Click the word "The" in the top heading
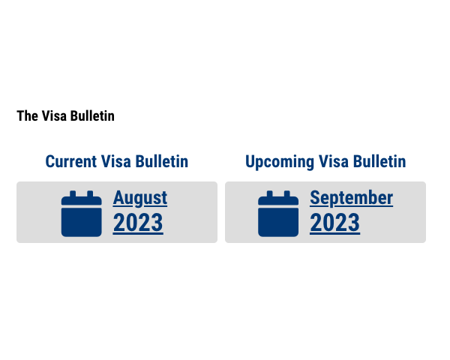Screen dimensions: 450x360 click(x=27, y=116)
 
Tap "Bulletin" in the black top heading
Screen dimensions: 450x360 click(x=92, y=116)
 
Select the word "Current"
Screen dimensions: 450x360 click(x=71, y=161)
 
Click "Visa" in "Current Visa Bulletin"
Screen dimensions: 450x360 click(x=116, y=161)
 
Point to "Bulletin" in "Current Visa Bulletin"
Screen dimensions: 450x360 click(x=162, y=161)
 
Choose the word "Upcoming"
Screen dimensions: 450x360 click(x=280, y=162)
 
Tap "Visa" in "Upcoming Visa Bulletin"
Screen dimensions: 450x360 click(x=334, y=161)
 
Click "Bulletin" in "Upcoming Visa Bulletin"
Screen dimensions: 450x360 click(x=379, y=161)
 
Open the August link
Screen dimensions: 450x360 click(x=140, y=198)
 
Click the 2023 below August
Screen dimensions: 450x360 click(x=138, y=223)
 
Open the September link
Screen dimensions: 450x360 click(x=352, y=198)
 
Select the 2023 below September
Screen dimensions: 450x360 click(x=335, y=223)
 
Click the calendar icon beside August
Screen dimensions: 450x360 click(x=82, y=214)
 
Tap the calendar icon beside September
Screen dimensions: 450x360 click(x=278, y=214)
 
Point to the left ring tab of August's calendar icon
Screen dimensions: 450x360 click(x=73, y=193)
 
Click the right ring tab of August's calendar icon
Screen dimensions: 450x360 click(x=90, y=193)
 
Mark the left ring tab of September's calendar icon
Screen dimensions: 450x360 click(x=269, y=193)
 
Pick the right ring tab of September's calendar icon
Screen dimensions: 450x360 click(x=287, y=193)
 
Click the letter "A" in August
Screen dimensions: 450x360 click(x=118, y=197)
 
